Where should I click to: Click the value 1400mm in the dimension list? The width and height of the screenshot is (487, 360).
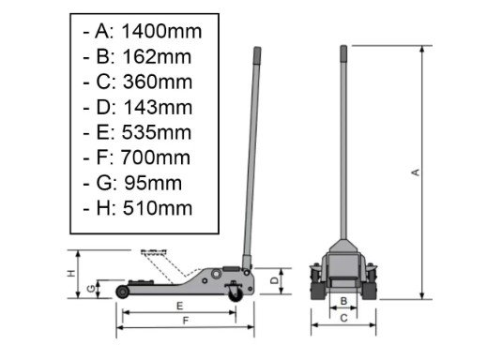[161, 32]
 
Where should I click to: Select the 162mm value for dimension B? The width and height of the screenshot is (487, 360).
[157, 57]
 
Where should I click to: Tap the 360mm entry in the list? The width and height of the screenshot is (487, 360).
[158, 82]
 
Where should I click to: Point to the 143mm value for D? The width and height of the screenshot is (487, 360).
[158, 107]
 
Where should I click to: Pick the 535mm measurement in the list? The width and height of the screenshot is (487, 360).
[157, 132]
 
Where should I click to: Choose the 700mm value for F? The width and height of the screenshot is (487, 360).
[156, 157]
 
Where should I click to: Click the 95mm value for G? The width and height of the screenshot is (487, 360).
[153, 183]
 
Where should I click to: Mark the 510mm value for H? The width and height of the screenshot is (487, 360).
[158, 208]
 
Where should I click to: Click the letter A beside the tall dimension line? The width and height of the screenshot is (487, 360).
[416, 172]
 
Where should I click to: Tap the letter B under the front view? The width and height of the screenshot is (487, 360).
[343, 301]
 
